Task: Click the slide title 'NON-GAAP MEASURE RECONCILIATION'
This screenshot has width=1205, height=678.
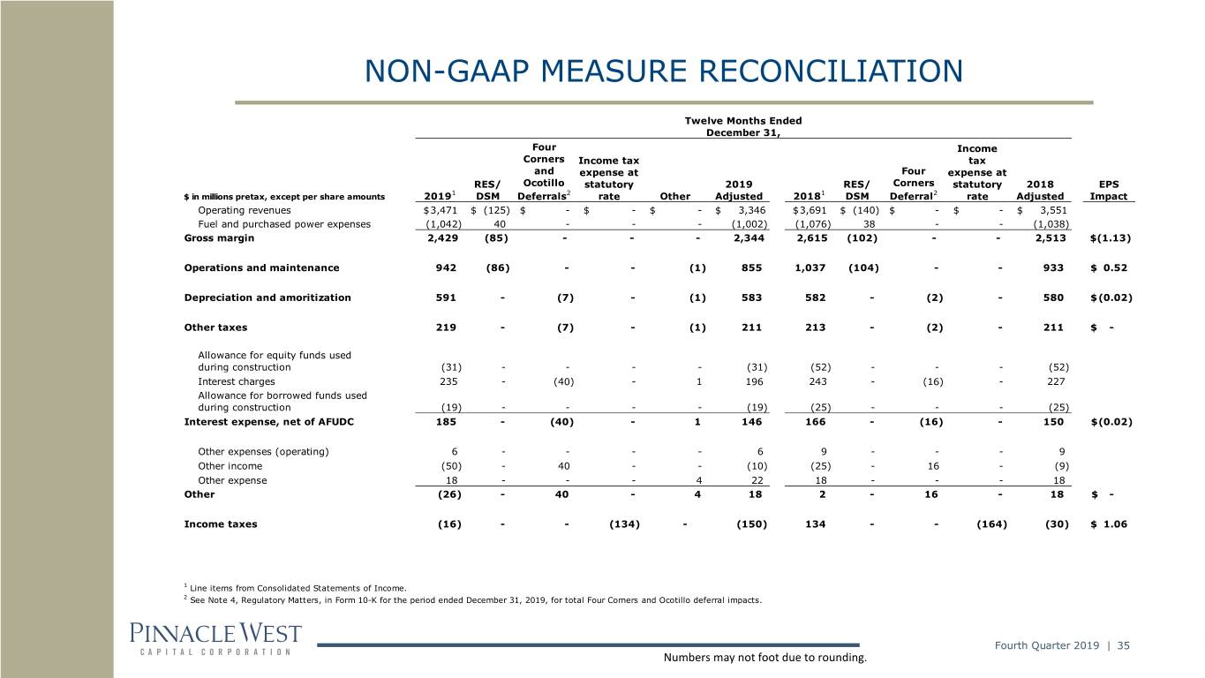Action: (664, 71)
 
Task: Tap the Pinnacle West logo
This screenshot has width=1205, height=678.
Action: (215, 639)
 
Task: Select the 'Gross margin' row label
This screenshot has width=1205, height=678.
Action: (219, 237)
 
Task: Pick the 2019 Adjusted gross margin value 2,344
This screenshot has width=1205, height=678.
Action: (749, 237)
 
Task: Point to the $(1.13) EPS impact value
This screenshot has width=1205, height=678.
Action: (1111, 237)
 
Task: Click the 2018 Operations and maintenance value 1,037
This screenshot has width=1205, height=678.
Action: (810, 267)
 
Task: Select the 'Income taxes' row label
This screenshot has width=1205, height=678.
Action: (221, 524)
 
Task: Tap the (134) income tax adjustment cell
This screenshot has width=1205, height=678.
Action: (624, 524)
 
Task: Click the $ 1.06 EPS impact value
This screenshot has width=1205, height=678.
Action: (1109, 524)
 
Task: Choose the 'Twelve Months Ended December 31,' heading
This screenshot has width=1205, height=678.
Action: (743, 126)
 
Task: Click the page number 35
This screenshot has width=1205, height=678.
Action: (1123, 645)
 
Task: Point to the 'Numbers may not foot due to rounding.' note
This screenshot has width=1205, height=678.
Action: (765, 657)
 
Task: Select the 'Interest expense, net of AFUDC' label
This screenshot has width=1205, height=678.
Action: (269, 422)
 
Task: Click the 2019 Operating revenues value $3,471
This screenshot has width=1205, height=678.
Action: (440, 210)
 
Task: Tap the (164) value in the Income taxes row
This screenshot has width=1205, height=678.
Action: (991, 524)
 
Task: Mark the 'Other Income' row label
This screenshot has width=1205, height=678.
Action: (230, 466)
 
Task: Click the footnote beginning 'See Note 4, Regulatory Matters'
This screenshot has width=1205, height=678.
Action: (473, 600)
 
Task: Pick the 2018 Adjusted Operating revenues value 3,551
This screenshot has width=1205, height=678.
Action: (1053, 210)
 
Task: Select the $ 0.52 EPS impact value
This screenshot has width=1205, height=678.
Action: (1109, 267)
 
